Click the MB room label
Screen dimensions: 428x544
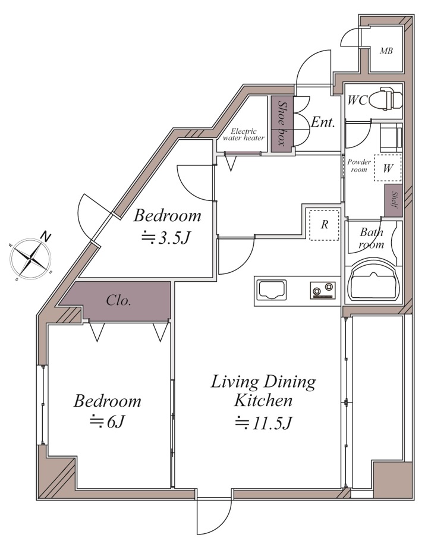click(x=386, y=51)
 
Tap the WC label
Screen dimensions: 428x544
click(x=357, y=100)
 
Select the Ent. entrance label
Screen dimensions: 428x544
click(x=323, y=122)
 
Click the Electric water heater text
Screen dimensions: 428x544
click(x=244, y=134)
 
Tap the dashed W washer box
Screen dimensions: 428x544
click(x=388, y=168)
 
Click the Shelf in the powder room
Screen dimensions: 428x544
click(x=394, y=200)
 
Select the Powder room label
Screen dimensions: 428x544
click(x=359, y=165)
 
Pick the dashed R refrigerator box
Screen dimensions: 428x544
click(x=325, y=225)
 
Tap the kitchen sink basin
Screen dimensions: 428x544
click(x=271, y=290)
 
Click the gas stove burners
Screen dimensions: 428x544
click(x=323, y=290)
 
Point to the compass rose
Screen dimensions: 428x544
click(x=31, y=259)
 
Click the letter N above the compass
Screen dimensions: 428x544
click(x=45, y=237)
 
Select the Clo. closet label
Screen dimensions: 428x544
click(x=119, y=300)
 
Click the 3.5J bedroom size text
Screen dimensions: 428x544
click(x=166, y=238)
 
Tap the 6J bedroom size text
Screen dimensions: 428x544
click(x=107, y=422)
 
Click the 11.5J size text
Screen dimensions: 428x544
click(x=263, y=423)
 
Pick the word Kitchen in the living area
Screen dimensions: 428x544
click(x=263, y=401)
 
